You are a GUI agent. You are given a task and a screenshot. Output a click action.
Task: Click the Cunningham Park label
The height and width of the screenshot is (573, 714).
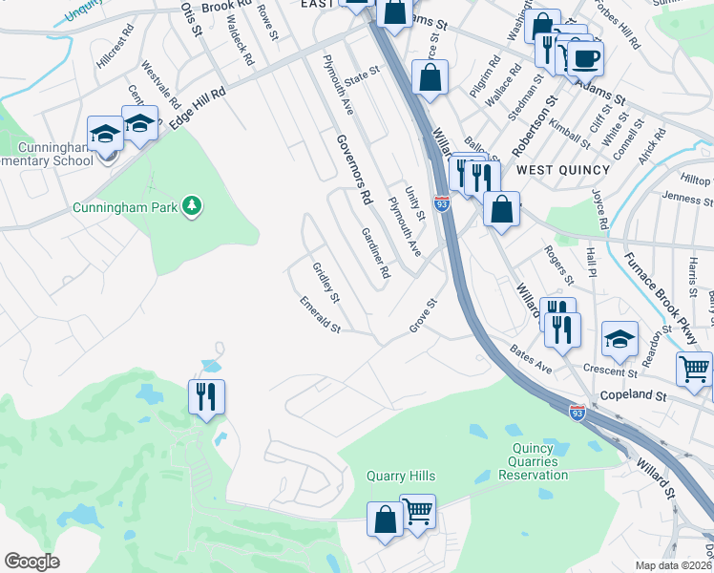click(127, 206)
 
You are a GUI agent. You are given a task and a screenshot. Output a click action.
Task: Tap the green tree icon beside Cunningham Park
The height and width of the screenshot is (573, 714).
click(193, 205)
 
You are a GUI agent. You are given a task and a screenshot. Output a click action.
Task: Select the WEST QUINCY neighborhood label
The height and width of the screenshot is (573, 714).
click(562, 170)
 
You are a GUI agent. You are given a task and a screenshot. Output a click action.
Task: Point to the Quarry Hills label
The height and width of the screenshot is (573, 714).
click(401, 477)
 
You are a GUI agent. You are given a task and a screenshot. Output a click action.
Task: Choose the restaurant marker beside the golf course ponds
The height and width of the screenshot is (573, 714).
click(206, 396)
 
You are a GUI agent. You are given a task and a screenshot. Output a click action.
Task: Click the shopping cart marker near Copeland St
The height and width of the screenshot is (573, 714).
click(694, 369)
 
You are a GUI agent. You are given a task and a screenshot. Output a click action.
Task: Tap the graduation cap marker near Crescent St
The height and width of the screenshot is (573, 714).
click(619, 338)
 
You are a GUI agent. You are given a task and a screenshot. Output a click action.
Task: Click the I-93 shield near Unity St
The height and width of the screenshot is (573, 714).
click(441, 203)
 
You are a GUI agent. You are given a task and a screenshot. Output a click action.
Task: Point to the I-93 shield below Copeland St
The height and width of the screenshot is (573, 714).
click(577, 413)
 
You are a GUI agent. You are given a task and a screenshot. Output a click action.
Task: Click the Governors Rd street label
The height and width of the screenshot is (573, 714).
click(353, 169)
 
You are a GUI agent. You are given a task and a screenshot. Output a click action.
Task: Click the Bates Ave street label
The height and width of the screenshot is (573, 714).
click(531, 360)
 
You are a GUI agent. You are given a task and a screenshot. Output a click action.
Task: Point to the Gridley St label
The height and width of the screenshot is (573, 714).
click(326, 283)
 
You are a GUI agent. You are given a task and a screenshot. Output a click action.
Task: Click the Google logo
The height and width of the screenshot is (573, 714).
click(31, 562)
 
